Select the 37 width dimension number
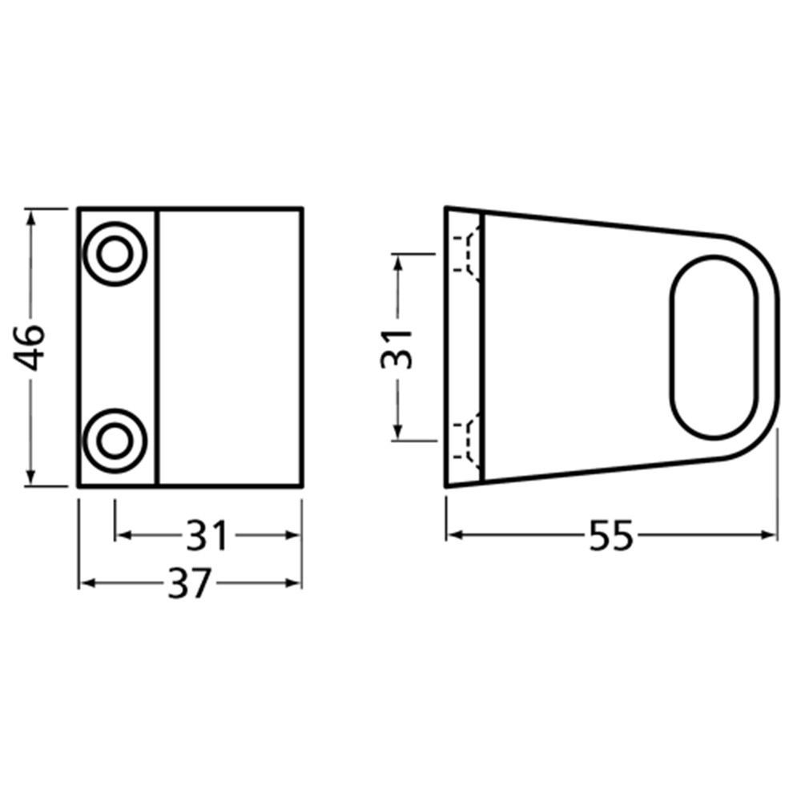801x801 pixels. (x=191, y=584)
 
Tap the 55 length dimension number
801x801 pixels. (x=610, y=536)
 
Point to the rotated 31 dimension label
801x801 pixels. (x=396, y=347)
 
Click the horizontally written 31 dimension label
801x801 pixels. (x=207, y=536)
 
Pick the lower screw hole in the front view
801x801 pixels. (x=115, y=440)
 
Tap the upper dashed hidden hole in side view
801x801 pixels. (x=468, y=253)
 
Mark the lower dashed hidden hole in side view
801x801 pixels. (x=468, y=439)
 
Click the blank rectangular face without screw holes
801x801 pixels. (x=230, y=347)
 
